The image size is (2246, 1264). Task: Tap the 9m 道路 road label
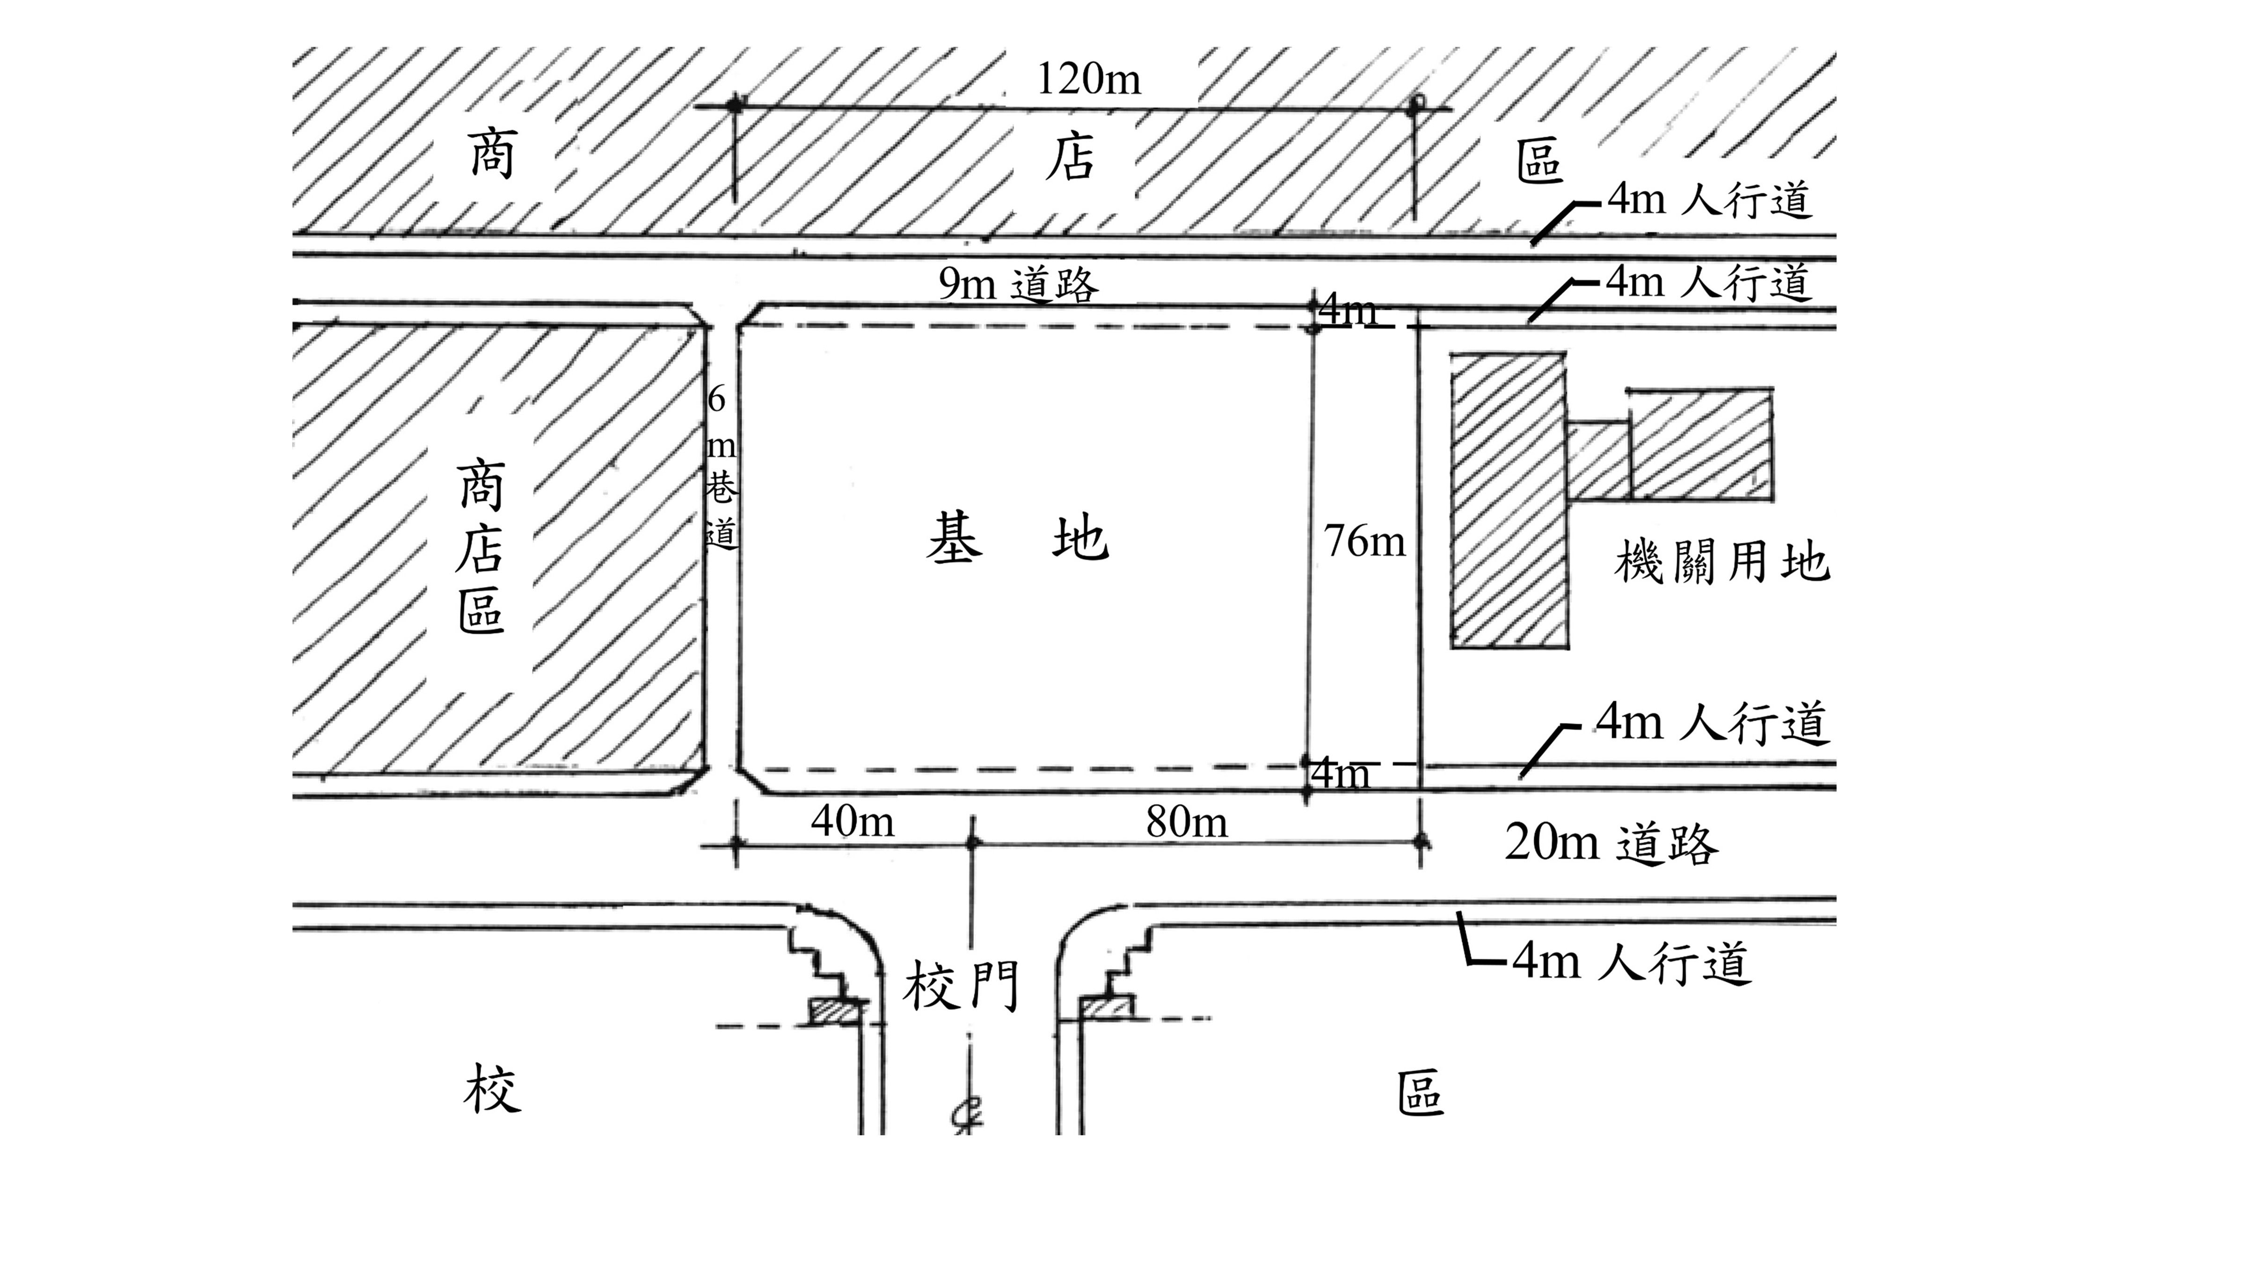coord(1018,284)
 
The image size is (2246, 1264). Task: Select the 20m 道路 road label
coord(1611,843)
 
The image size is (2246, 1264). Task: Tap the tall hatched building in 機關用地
coord(1509,500)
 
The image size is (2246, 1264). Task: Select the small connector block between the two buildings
coord(1598,460)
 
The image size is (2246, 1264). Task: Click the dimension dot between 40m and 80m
coord(973,843)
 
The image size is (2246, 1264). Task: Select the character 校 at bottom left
coord(493,1088)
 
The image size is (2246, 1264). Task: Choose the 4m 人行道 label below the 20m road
coord(1630,962)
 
